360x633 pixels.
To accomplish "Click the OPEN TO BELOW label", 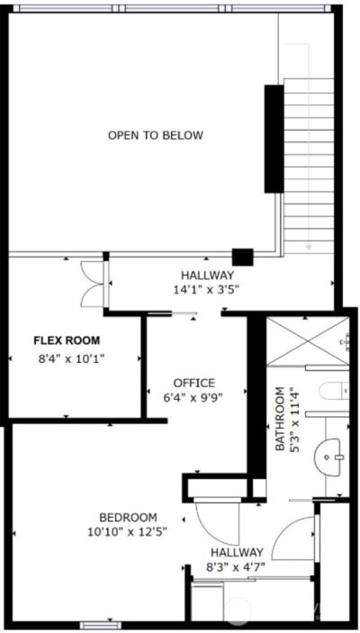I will pos(155,136).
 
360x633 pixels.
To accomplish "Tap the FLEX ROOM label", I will pos(67,340).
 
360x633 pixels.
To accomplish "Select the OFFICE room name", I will pos(193,383).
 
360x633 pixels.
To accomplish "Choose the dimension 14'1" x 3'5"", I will pos(207,289).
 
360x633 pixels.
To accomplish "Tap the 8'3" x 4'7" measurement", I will pos(237,567).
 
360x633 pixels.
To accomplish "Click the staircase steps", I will pos(310,162).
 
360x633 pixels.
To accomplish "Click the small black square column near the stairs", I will pos(241,256).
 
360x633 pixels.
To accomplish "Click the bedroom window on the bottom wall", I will pos(94,623).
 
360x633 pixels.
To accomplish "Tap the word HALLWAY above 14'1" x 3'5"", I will pos(207,275).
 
